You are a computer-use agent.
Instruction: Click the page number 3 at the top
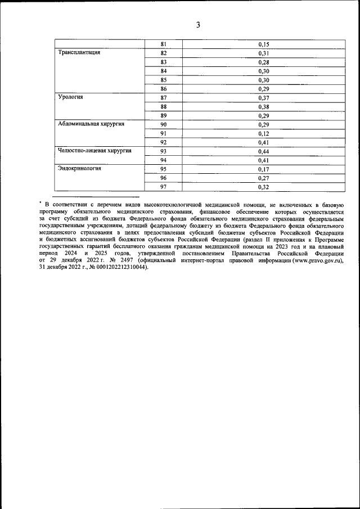pos(198,25)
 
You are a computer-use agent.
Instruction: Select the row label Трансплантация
pos(80,53)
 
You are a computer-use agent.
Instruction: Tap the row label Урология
pos(71,97)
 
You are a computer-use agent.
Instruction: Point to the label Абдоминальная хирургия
pos(91,124)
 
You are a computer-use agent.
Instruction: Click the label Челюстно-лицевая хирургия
pos(95,151)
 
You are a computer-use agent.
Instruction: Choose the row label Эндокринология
pos(80,169)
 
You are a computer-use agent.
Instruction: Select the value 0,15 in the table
pos(263,44)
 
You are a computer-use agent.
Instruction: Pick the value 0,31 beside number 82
pos(263,53)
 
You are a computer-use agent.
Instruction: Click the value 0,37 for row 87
pos(263,97)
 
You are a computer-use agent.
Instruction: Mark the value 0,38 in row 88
pos(263,106)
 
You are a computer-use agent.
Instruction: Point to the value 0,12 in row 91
pos(263,133)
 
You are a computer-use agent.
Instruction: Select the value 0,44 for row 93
pos(263,151)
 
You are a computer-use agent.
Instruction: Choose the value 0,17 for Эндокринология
pos(263,169)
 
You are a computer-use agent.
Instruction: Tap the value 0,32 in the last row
pos(263,187)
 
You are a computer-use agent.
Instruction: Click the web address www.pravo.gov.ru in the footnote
pos(313,261)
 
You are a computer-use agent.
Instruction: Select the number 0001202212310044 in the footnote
pos(120,268)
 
